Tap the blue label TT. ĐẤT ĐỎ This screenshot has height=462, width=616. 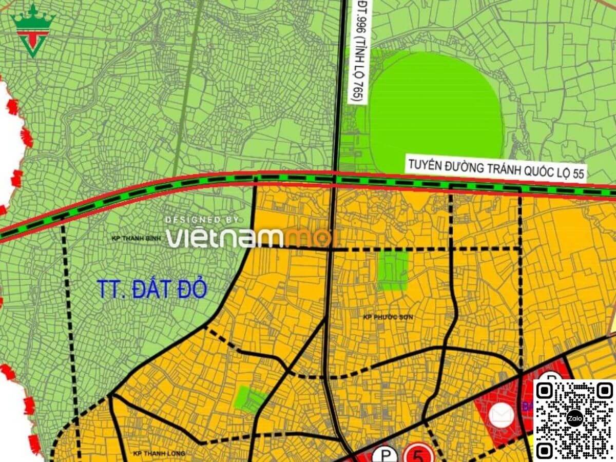(152, 290)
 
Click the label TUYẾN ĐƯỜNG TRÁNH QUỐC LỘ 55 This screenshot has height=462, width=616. (495, 168)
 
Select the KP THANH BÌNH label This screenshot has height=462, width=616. (137, 239)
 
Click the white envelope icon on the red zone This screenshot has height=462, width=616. (500, 415)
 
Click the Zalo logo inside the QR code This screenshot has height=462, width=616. (574, 418)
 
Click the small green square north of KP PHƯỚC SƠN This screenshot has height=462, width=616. (393, 271)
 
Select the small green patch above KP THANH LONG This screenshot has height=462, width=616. (250, 399)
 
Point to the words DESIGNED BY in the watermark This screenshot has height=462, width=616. (202, 220)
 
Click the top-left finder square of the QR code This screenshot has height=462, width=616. (546, 391)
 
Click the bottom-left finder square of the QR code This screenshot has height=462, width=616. (546, 450)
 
